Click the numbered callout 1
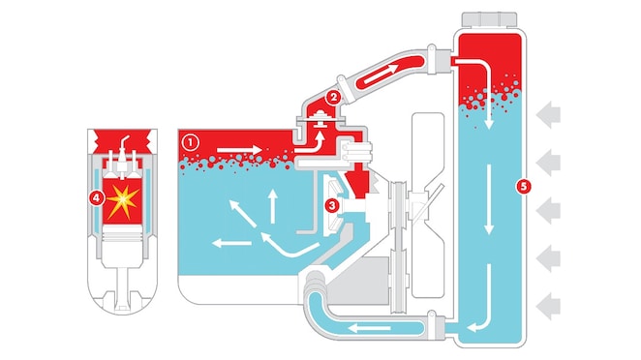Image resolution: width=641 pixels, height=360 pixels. click(x=190, y=141)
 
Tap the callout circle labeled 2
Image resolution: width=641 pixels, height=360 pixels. click(x=332, y=97)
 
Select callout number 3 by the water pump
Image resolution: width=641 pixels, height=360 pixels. click(x=332, y=205)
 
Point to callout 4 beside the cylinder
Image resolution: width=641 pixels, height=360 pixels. click(x=95, y=198)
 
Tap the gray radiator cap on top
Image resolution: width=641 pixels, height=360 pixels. click(x=492, y=20)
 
